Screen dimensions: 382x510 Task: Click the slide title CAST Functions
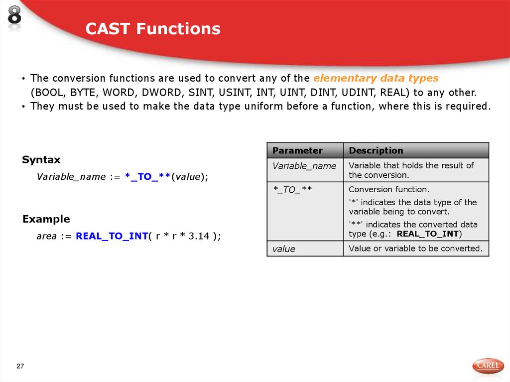tap(152, 29)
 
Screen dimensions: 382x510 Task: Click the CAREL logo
tap(488, 366)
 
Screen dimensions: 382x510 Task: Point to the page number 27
tap(20, 367)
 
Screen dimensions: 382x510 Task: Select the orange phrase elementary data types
tap(376, 78)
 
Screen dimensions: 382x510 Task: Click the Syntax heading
tap(41, 160)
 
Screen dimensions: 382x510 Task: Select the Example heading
tap(46, 219)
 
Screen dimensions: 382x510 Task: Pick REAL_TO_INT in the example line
tap(112, 237)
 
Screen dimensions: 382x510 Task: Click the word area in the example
tap(46, 237)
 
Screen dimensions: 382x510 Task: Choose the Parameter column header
tap(297, 150)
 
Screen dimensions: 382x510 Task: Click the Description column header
tap(376, 150)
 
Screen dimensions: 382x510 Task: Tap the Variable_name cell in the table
tap(304, 166)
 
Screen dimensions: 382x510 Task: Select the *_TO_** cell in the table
tap(292, 190)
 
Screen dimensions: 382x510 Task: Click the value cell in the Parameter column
tap(284, 249)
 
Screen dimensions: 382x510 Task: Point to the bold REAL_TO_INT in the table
tap(428, 234)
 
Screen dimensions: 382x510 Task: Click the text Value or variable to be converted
tap(415, 248)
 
